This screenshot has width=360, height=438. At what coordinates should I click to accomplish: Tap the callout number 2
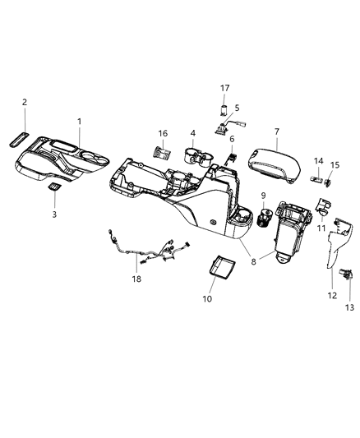point(25,102)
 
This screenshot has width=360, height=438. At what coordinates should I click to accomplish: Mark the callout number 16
point(163,133)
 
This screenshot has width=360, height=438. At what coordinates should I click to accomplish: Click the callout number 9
point(264,195)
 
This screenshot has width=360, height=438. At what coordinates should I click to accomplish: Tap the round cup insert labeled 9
point(265,219)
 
